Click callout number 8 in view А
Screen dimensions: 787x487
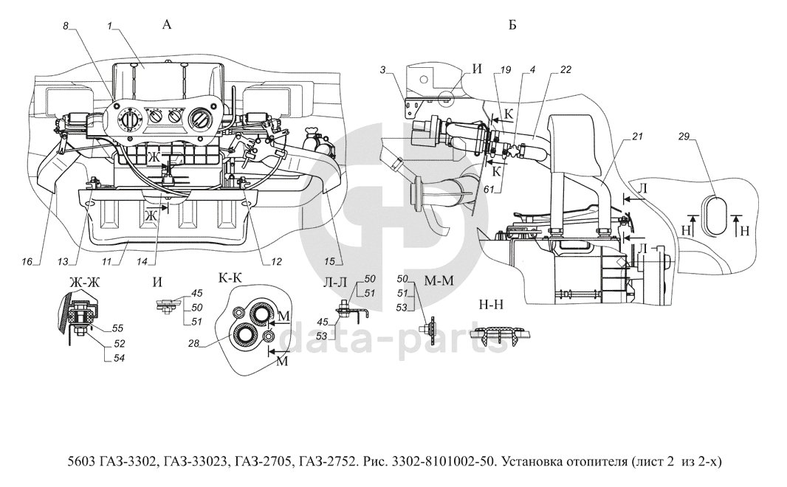click(x=65, y=26)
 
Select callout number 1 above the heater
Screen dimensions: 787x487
click(x=109, y=26)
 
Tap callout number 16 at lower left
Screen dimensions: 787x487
click(x=27, y=261)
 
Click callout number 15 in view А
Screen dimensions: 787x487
click(x=329, y=261)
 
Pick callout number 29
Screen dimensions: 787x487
click(x=684, y=137)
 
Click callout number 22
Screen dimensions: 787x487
click(x=566, y=69)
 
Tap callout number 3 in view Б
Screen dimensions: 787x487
click(x=382, y=69)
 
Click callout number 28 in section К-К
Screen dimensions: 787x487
click(x=193, y=344)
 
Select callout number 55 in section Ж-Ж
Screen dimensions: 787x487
click(x=117, y=328)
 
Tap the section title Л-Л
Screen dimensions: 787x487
click(x=334, y=283)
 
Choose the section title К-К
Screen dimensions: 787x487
click(x=230, y=277)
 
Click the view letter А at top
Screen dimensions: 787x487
click(x=167, y=24)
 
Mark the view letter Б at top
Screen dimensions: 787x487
click(x=512, y=25)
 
